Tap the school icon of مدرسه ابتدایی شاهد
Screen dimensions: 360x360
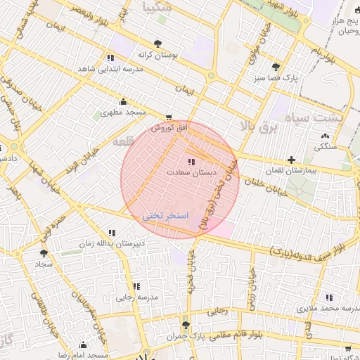[110, 58]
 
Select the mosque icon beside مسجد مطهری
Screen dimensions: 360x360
[124, 101]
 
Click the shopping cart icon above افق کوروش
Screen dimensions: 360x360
[168, 117]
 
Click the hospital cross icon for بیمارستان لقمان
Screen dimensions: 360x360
[292, 160]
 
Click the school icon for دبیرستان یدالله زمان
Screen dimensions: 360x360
[112, 233]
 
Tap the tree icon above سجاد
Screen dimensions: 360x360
[44, 253]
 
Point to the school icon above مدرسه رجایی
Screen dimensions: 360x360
[136, 286]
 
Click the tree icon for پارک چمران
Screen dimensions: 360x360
[186, 325]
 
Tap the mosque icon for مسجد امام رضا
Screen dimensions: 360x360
[84, 345]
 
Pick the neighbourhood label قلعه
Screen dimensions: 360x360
[124, 141]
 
